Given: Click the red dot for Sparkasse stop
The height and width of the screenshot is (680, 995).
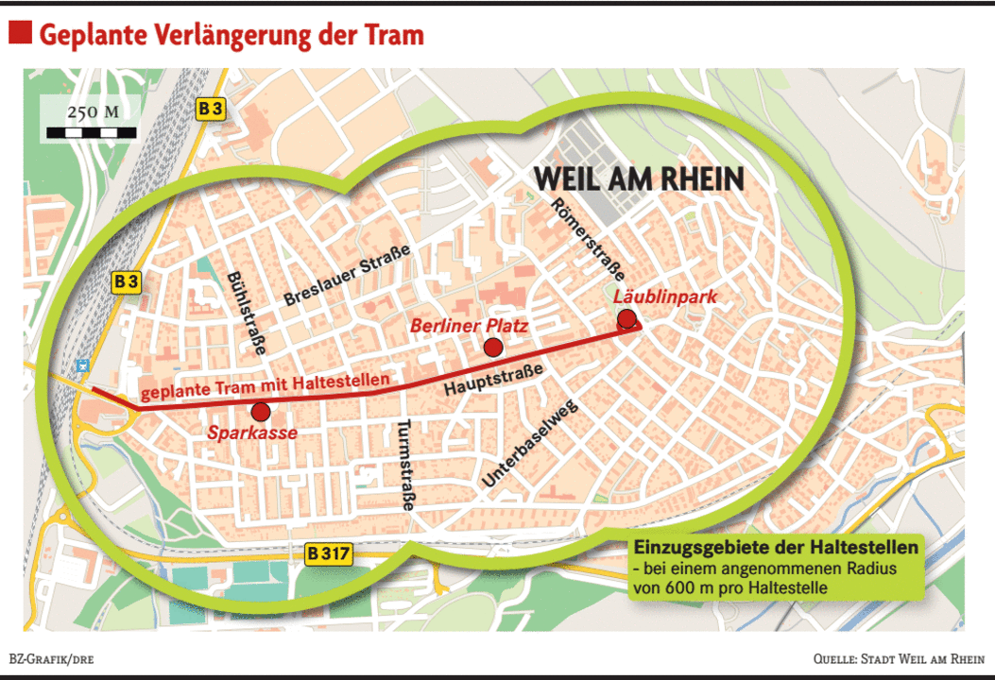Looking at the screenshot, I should click(261, 412).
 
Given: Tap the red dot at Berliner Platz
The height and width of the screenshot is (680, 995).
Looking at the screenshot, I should click(492, 348).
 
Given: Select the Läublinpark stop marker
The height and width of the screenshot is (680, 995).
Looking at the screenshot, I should click(626, 318).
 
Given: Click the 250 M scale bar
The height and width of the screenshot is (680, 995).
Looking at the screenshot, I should click(92, 132).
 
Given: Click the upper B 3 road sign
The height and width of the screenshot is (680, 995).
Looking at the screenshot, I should click(211, 110).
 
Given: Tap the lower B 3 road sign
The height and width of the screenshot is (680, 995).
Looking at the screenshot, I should click(127, 280).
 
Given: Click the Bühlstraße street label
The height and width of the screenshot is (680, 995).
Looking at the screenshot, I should click(245, 313).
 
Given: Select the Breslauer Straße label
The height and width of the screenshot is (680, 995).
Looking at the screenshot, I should click(347, 275).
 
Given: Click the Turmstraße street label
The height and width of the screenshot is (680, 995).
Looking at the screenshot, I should click(406, 465).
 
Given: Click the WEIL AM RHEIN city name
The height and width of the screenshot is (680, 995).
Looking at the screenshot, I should click(639, 178).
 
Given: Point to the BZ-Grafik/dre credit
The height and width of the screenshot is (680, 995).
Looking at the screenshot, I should click(51, 658).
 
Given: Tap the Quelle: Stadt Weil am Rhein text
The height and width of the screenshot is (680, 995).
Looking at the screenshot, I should click(898, 658).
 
